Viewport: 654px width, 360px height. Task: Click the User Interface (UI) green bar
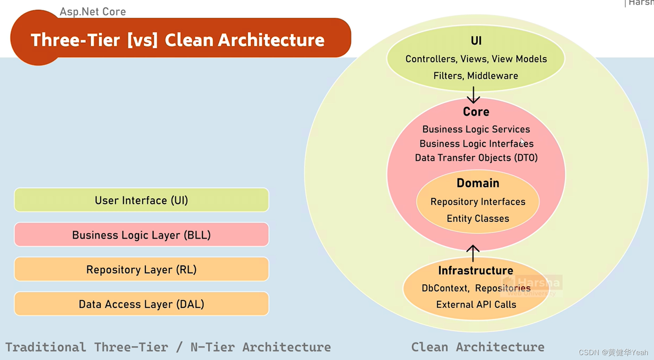141,200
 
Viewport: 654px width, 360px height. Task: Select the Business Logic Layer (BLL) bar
141,235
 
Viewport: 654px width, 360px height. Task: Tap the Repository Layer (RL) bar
141,270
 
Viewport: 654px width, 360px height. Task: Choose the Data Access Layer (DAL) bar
141,304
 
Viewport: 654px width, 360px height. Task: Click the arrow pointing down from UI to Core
473,95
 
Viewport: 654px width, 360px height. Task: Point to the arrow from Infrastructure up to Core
473,253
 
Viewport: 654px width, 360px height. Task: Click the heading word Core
476,112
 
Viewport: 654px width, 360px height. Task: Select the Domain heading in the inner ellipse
478,183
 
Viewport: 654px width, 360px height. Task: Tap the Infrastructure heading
475,270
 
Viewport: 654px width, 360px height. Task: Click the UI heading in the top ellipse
476,41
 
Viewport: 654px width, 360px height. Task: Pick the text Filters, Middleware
475,76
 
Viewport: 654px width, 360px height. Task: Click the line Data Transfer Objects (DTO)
476,158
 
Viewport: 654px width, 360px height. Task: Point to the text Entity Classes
478,219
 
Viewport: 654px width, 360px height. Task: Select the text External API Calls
476,305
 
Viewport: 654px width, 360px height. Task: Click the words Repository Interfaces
478,202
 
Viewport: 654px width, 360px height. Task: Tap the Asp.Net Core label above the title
93,12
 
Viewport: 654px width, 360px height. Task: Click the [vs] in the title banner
142,40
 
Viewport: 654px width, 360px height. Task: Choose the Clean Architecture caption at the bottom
477,347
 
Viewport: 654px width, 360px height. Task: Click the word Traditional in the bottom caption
46,347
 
